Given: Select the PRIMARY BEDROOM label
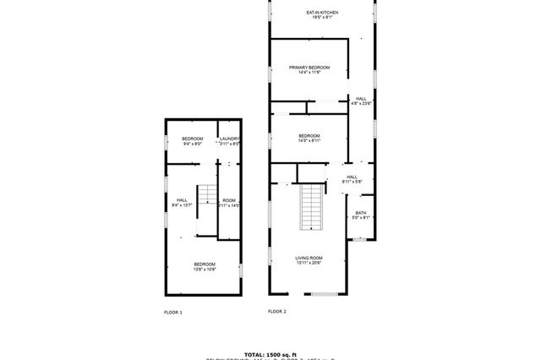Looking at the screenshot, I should pyautogui.click(x=309, y=68).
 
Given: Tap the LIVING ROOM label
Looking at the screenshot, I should pyautogui.click(x=309, y=259).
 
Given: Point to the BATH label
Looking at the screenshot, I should pyautogui.click(x=361, y=213).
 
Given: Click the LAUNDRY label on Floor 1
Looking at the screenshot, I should pyautogui.click(x=230, y=139).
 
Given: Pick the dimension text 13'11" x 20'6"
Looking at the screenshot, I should pyautogui.click(x=309, y=265).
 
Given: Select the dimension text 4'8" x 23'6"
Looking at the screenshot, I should pyautogui.click(x=361, y=104).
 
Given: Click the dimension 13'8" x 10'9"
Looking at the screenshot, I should pyautogui.click(x=205, y=270).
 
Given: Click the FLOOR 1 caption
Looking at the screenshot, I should pyautogui.click(x=173, y=312).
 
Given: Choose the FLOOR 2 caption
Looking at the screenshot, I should pyautogui.click(x=277, y=312).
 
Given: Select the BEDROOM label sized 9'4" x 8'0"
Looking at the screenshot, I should pyautogui.click(x=192, y=139).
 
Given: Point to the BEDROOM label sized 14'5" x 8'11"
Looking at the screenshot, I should pyautogui.click(x=309, y=135).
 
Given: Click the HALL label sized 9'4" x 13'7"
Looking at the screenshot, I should pyautogui.click(x=182, y=199).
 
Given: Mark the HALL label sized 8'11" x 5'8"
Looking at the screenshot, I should pyautogui.click(x=352, y=177).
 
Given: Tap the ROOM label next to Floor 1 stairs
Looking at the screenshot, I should pyautogui.click(x=229, y=199).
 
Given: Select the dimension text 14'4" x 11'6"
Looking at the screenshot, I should pyautogui.click(x=309, y=73).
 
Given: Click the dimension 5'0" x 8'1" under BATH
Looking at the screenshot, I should pyautogui.click(x=361, y=218).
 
